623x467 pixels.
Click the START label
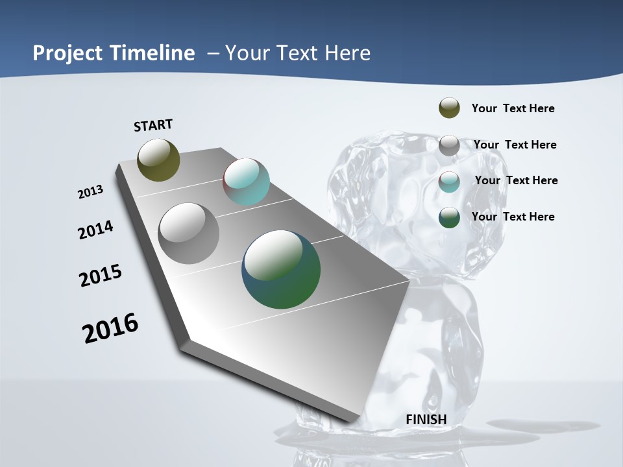[153, 125]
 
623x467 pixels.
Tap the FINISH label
[426, 420]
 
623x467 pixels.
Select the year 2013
[90, 192]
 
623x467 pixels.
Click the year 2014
[96, 230]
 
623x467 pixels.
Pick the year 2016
[110, 328]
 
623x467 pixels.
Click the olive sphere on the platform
[158, 160]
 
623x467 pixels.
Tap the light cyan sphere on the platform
[246, 182]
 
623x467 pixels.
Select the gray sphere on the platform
[188, 233]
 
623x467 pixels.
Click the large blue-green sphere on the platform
[281, 269]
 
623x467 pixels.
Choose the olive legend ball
[449, 108]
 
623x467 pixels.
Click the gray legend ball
[449, 145]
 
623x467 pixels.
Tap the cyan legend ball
[449, 182]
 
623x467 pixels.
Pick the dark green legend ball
[449, 217]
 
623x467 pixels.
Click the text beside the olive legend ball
[513, 108]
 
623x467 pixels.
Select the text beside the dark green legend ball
[513, 217]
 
